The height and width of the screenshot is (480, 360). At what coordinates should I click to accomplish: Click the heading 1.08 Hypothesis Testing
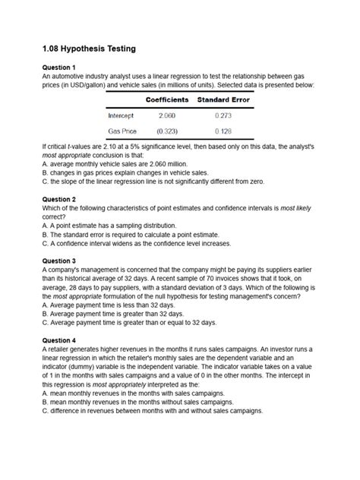click(89, 49)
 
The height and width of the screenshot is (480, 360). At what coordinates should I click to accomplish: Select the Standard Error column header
click(223, 100)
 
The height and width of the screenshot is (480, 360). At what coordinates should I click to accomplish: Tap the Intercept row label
click(122, 115)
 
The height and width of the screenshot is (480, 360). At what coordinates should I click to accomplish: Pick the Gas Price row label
click(123, 130)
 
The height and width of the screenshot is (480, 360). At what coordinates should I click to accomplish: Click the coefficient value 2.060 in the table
click(167, 115)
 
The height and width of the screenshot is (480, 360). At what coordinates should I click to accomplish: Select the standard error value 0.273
click(223, 115)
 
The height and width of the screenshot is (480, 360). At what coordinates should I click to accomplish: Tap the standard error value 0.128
click(223, 130)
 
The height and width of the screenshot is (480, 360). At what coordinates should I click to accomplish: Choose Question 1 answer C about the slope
click(155, 182)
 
